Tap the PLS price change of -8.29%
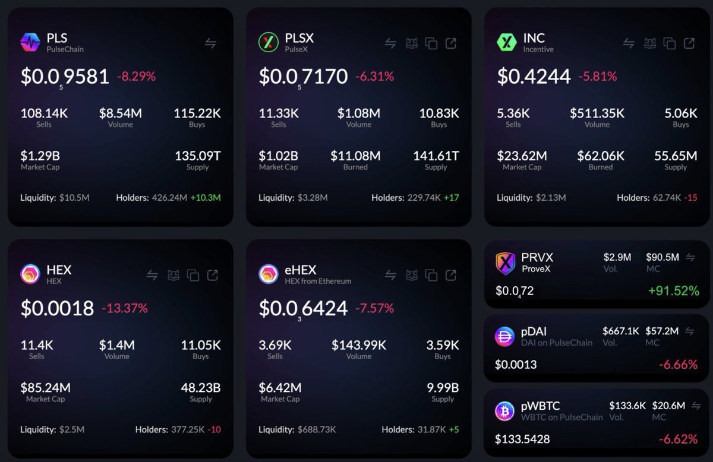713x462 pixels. click(x=136, y=77)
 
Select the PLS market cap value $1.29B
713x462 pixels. click(x=40, y=156)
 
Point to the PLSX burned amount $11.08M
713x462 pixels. click(x=355, y=156)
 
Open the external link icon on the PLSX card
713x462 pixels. click(x=451, y=43)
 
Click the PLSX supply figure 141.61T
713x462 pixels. click(x=436, y=156)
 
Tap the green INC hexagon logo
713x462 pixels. click(x=507, y=42)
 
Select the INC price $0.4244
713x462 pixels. click(x=534, y=77)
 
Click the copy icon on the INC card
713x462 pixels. click(x=670, y=43)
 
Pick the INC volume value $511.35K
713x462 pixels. click(x=597, y=113)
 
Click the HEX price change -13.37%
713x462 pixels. click(x=124, y=308)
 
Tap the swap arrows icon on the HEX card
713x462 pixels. click(x=153, y=275)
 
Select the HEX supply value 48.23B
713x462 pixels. click(x=201, y=388)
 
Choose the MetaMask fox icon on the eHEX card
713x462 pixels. click(x=411, y=275)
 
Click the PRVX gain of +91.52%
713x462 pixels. click(x=673, y=292)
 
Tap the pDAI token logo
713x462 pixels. click(x=505, y=337)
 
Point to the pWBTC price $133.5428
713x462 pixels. click(x=522, y=439)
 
